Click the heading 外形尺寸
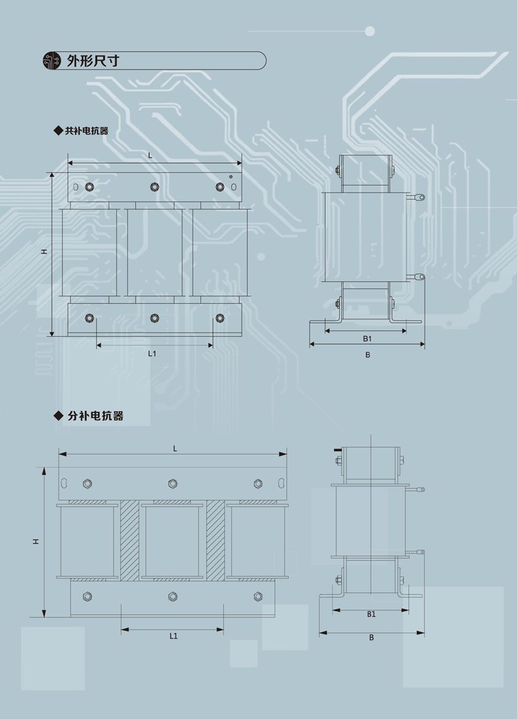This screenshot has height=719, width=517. [92, 61]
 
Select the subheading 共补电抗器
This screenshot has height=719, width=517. [86, 130]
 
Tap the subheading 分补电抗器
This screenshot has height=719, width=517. [95, 416]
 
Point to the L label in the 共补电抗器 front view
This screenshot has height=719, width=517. [150, 155]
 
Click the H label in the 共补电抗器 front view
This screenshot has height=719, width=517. [44, 253]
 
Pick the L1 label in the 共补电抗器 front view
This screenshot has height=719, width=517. [152, 353]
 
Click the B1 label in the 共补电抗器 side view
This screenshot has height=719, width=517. [366, 338]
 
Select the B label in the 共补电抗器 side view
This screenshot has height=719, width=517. [367, 354]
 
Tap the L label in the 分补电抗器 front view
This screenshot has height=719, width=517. [174, 447]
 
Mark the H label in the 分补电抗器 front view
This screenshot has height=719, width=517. [36, 541]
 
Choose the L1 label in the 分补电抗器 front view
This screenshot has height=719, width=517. [173, 636]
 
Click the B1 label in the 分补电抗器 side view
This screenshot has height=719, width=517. [371, 614]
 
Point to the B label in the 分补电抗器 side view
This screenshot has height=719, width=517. [372, 637]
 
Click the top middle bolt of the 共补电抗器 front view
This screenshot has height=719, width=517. [154, 187]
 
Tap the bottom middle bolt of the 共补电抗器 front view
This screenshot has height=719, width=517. [154, 318]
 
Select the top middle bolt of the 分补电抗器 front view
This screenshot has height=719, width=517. [173, 483]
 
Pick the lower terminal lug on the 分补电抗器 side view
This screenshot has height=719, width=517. [420, 552]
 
